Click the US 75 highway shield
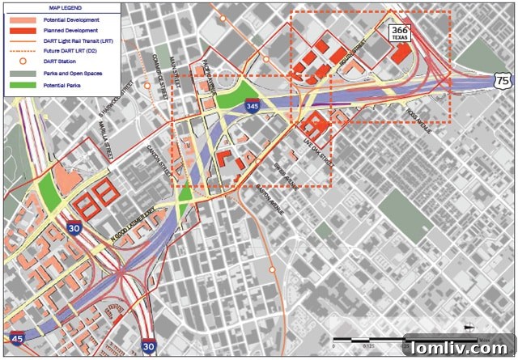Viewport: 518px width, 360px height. (501, 80)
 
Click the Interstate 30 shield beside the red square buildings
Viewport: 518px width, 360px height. (74, 230)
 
